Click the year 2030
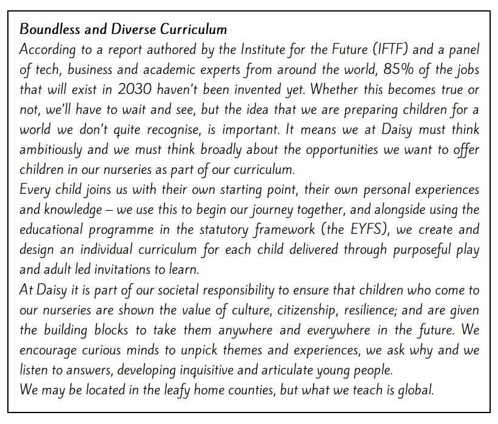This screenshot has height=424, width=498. tap(144, 89)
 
